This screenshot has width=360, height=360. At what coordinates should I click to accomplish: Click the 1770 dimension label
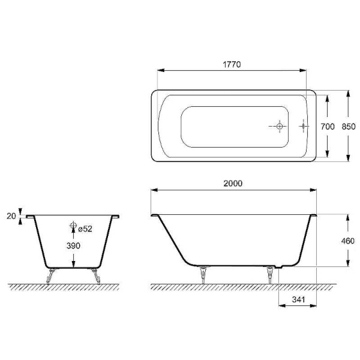(x=232, y=64)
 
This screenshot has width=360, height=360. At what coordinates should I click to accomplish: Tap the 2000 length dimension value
(x=233, y=183)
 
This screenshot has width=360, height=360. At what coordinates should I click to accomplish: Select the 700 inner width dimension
(x=328, y=126)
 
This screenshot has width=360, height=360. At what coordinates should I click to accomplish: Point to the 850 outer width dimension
(x=349, y=126)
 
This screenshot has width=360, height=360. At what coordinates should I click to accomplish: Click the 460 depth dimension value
(x=348, y=241)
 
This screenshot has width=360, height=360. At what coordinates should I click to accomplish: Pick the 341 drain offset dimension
(x=298, y=299)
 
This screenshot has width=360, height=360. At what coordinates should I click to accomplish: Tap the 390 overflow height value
(x=73, y=245)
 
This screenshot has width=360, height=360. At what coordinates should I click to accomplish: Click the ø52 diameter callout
(x=85, y=229)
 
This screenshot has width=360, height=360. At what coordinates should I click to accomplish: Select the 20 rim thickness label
(x=11, y=216)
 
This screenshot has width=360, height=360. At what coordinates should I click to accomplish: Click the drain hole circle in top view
(x=280, y=126)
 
